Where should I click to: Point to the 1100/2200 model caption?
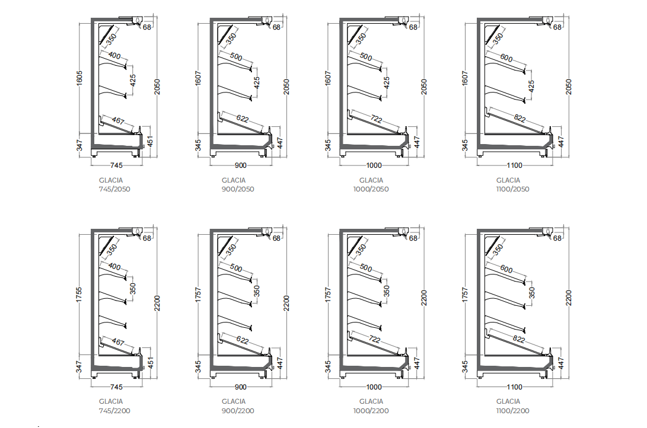(512, 406)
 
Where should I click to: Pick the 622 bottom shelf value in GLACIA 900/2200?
(242, 340)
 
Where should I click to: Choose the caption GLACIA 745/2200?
(114, 406)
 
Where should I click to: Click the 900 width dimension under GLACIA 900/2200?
(241, 387)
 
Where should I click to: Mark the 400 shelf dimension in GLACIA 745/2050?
(115, 56)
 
